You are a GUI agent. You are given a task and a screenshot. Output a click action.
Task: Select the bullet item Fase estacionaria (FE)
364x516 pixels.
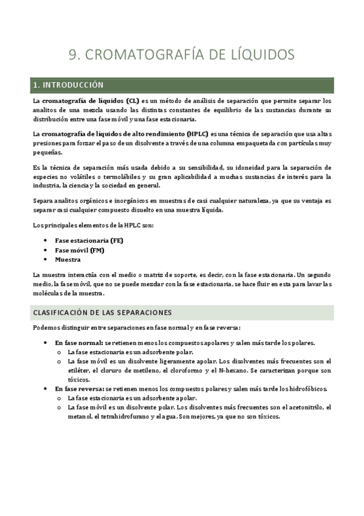(x=89, y=240)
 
